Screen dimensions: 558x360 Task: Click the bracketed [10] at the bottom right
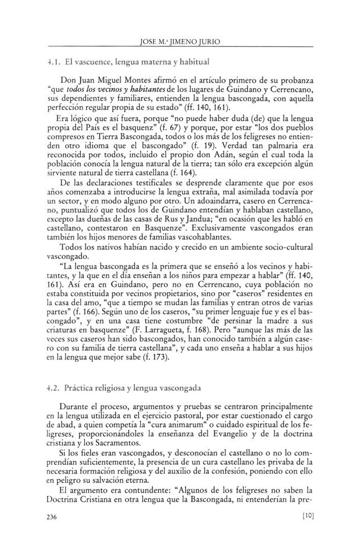coord(306,516)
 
